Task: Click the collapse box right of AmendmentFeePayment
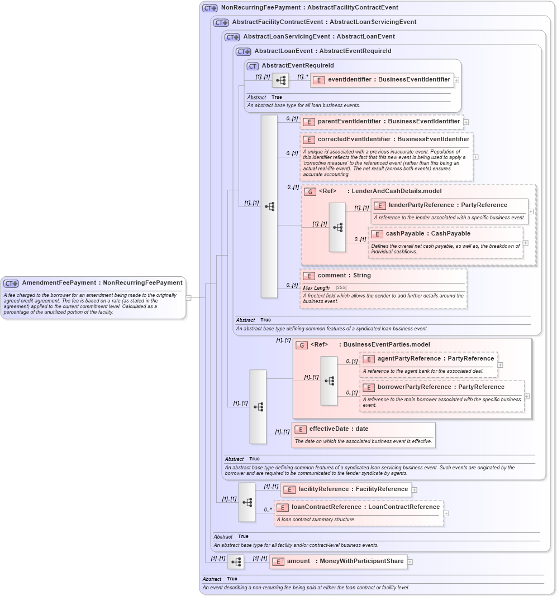click(188, 297)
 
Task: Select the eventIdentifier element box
click(382, 80)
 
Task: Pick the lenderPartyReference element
click(441, 205)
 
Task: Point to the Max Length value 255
click(341, 287)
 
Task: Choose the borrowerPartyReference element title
click(434, 387)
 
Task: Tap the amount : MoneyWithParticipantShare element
click(338, 561)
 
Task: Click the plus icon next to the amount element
click(410, 562)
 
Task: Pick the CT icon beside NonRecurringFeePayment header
click(210, 8)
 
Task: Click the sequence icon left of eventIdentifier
click(280, 80)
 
